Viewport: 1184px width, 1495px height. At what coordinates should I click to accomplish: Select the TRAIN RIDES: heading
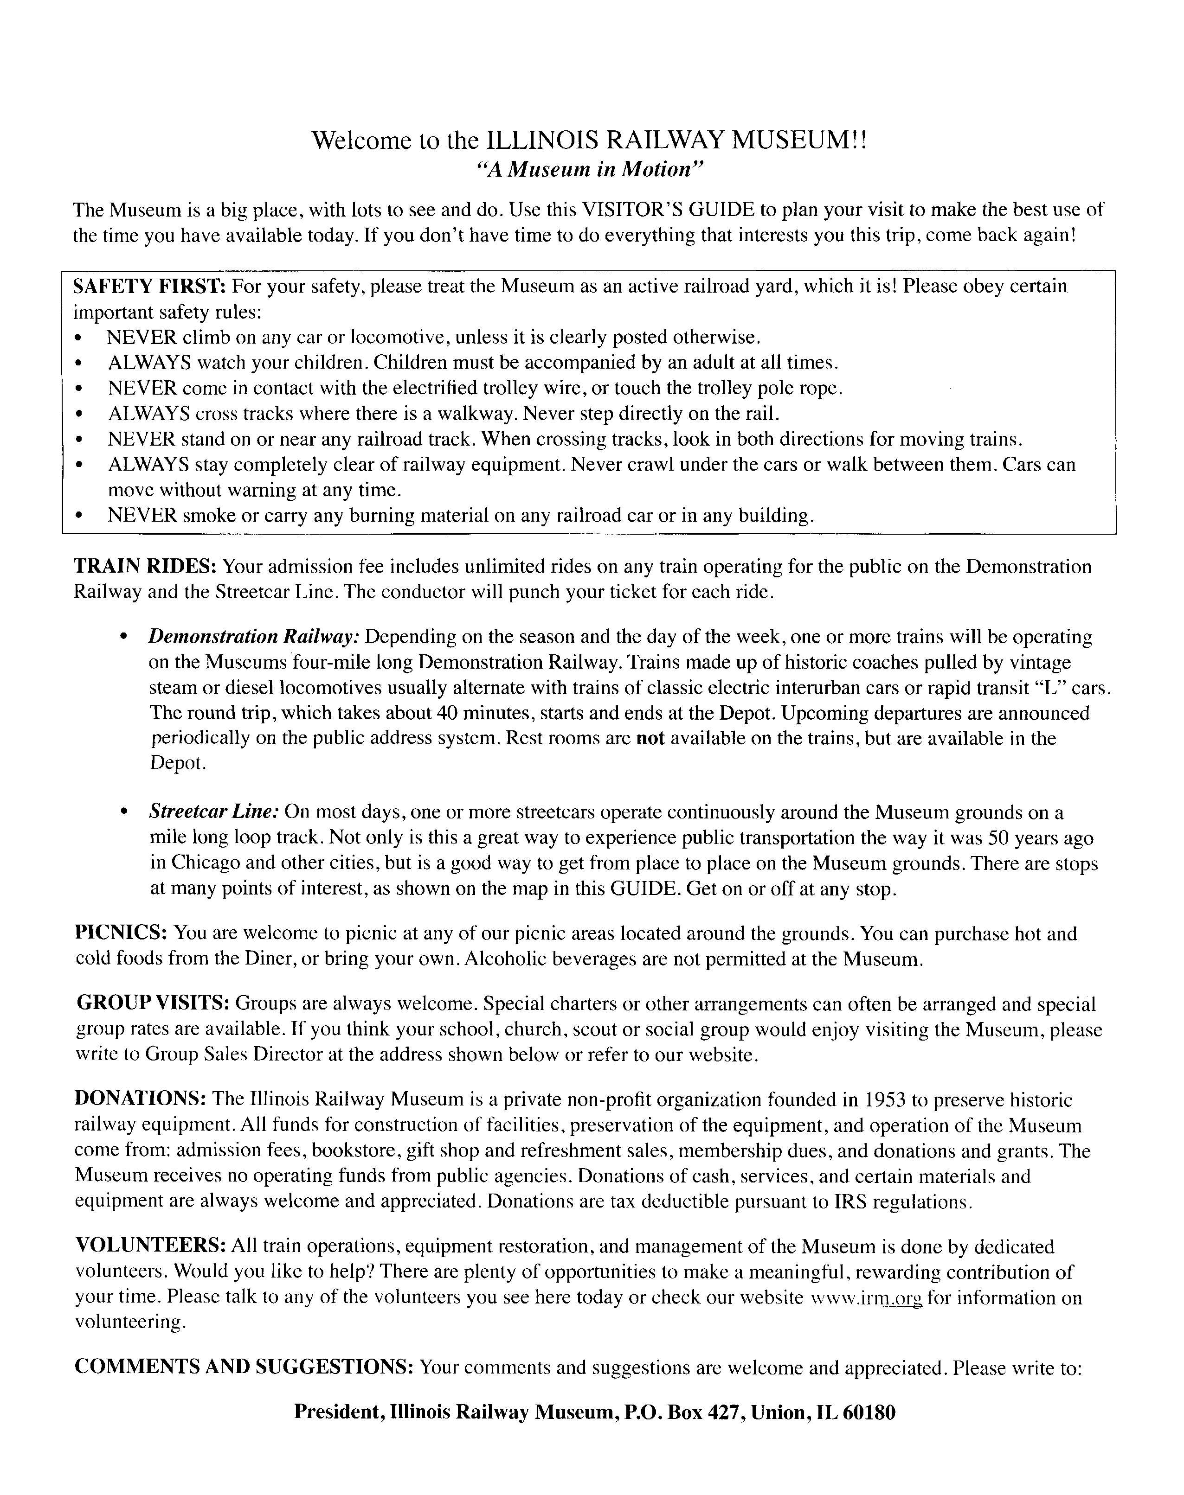[146, 566]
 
